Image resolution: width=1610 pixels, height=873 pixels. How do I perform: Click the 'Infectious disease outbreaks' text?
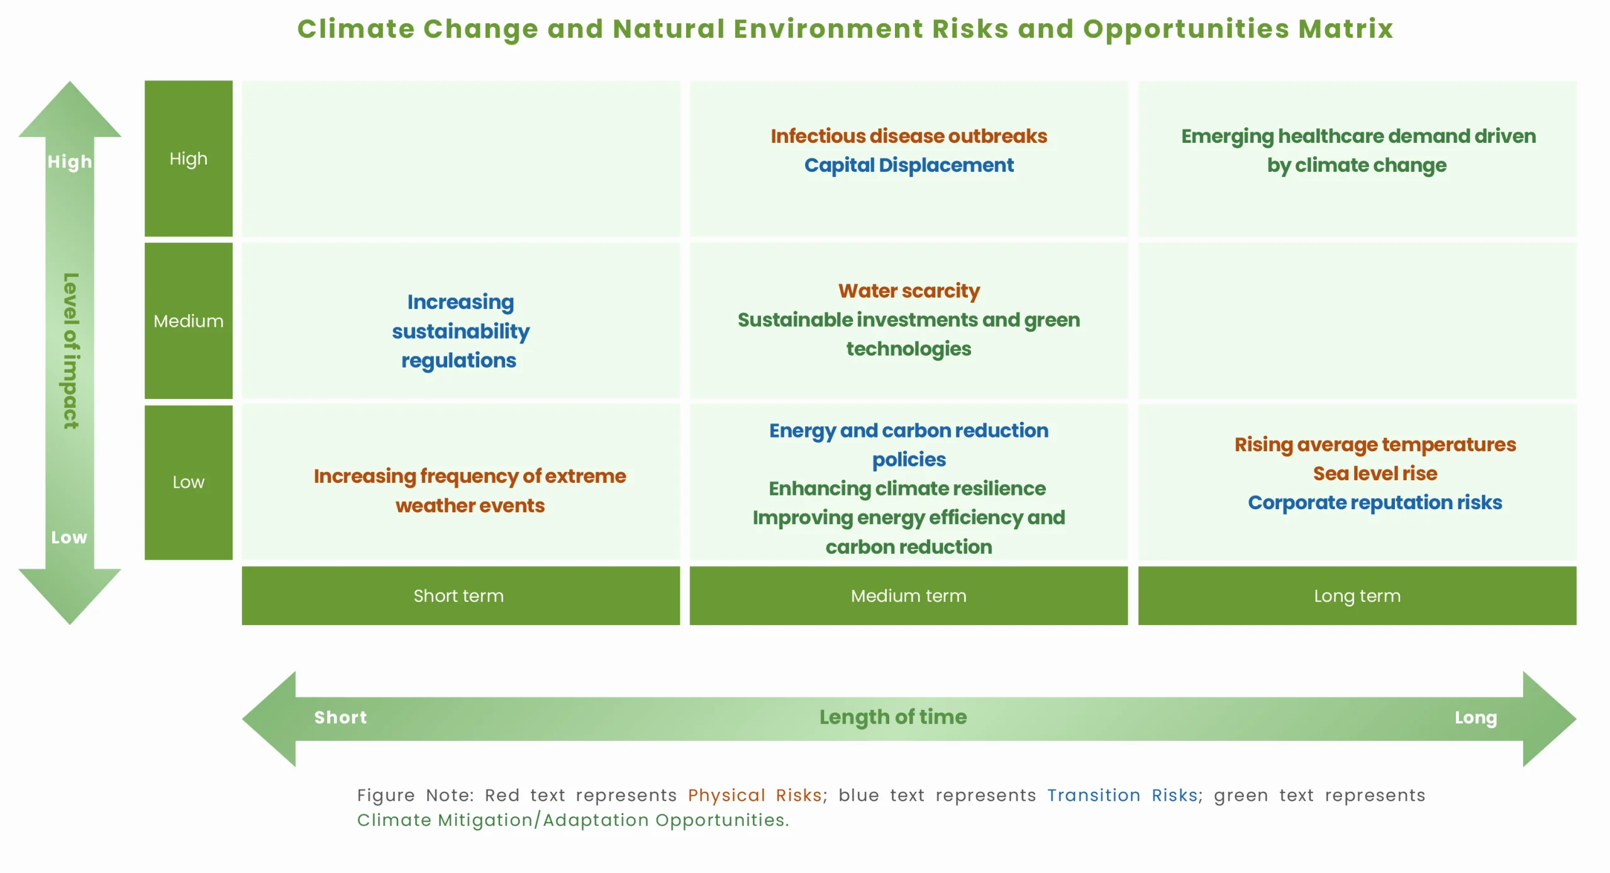[x=909, y=136]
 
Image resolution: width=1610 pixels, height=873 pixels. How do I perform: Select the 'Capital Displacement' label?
[x=909, y=165]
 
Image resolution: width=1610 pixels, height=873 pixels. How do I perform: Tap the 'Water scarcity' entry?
[x=909, y=291]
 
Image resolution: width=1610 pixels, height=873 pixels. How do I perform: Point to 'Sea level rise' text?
[x=1375, y=473]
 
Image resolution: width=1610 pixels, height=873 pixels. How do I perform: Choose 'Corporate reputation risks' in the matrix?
[x=1375, y=502]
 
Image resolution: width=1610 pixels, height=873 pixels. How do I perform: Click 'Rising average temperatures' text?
[x=1375, y=444]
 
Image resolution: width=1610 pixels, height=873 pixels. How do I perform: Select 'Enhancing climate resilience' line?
[x=907, y=488]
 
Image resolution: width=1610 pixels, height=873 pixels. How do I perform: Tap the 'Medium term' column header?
[x=909, y=595]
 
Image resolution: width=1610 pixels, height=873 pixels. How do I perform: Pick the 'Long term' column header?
[x=1357, y=595]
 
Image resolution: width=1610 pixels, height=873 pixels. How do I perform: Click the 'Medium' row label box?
[x=189, y=321]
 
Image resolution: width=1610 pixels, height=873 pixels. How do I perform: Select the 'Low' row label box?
[x=189, y=482]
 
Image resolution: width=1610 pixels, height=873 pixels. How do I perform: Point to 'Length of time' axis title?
[x=893, y=717]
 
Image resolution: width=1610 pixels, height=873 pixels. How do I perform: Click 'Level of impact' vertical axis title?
[x=71, y=351]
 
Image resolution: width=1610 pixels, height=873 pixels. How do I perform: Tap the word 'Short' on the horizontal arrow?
[x=340, y=718]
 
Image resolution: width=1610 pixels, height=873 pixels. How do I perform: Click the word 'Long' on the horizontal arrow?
[x=1475, y=718]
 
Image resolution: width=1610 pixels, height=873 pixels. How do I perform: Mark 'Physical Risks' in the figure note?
[x=755, y=796]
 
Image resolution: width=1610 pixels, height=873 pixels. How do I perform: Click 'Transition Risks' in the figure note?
[x=1122, y=796]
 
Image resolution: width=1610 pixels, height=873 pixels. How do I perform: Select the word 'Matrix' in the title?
[x=1346, y=29]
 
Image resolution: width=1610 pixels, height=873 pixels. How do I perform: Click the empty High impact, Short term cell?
[x=461, y=159]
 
